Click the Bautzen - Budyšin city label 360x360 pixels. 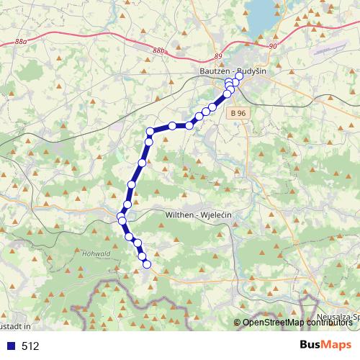click(232, 73)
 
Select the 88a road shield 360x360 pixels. click(21, 42)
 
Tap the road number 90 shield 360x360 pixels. click(272, 47)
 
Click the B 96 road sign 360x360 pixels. click(240, 113)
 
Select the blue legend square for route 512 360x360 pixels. click(9, 346)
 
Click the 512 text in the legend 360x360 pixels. click(30, 346)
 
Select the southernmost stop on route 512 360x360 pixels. click(147, 264)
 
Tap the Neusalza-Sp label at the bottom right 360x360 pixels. click(338, 317)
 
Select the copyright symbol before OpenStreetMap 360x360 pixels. click(237, 323)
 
